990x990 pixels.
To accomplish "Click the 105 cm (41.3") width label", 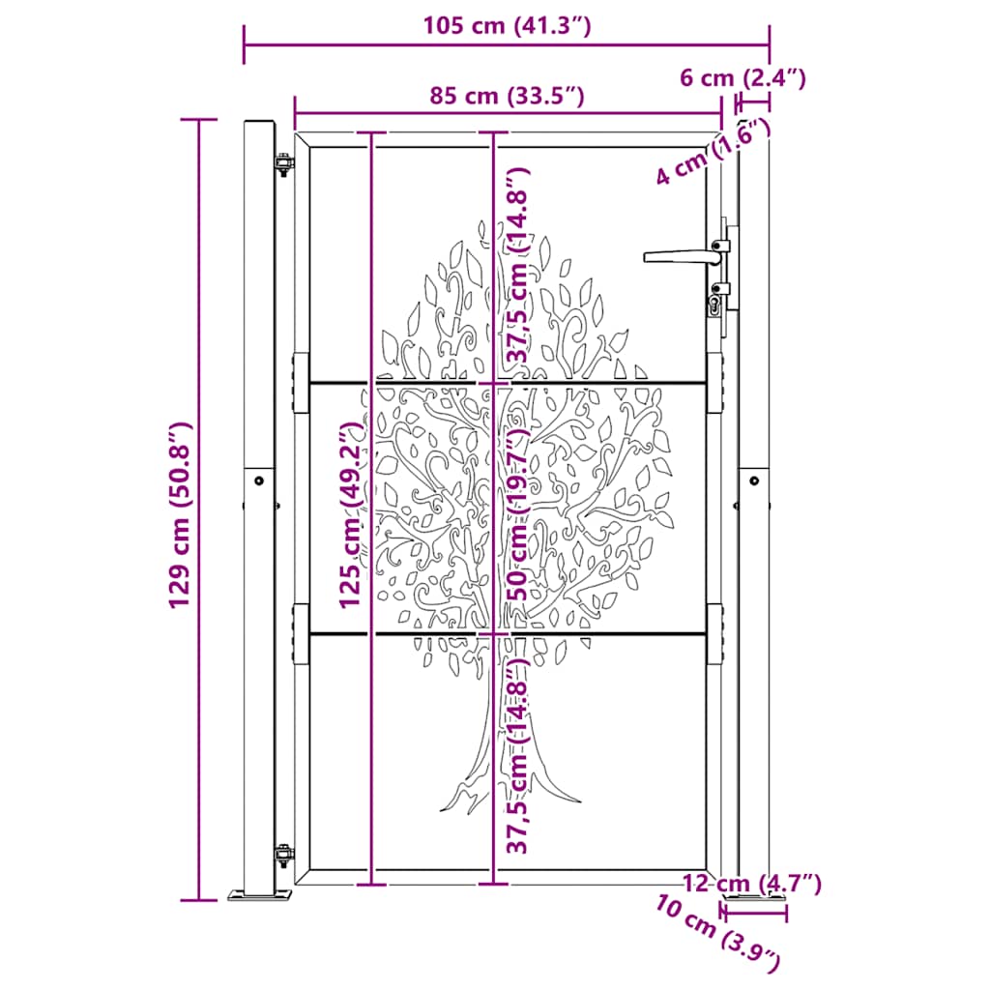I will click(x=506, y=26).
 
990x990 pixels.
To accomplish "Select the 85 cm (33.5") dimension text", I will click(x=507, y=96).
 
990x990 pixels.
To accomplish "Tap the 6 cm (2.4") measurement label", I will click(x=742, y=77).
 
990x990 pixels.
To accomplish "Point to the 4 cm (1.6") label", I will click(x=712, y=151).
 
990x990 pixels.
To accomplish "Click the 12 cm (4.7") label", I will click(x=752, y=882).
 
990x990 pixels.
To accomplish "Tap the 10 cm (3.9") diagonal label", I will click(x=716, y=932).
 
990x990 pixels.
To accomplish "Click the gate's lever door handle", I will click(x=680, y=256).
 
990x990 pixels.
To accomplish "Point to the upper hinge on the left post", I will click(x=282, y=165).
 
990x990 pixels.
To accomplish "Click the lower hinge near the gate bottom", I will click(x=283, y=855).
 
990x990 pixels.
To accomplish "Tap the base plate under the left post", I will click(x=260, y=896).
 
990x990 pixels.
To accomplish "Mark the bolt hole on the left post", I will click(x=258, y=479).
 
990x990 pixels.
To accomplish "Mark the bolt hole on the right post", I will click(x=754, y=479).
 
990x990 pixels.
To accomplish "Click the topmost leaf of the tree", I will click(x=481, y=228).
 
